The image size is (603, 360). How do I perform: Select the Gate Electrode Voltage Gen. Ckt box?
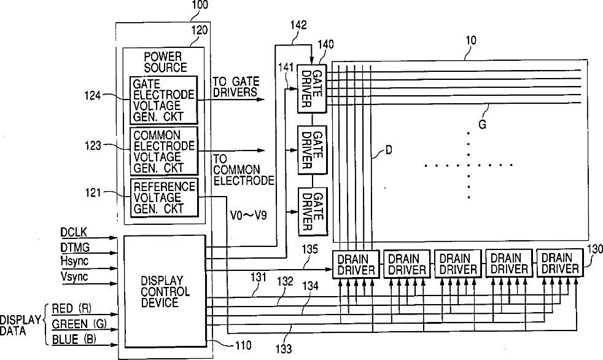tap(163, 99)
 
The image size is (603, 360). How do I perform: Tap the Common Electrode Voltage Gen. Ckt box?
tap(163, 151)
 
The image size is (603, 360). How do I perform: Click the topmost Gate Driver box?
tap(312, 87)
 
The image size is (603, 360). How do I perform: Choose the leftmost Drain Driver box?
tap(356, 264)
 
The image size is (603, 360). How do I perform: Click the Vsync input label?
tap(74, 277)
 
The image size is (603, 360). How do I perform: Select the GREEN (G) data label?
tap(79, 324)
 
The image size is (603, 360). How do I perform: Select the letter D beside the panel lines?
tap(389, 149)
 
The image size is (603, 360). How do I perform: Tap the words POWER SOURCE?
tap(163, 61)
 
